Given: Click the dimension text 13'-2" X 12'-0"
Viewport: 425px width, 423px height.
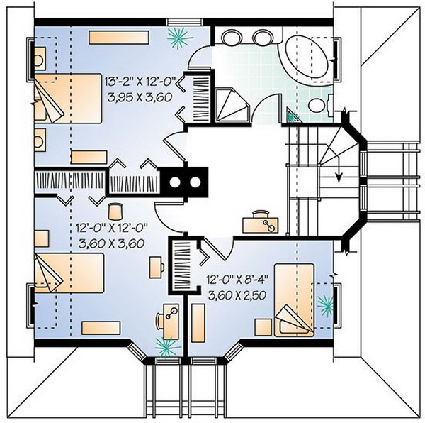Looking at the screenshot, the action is pos(140,82).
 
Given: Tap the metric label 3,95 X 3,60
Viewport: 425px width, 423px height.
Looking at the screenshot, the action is pos(140,97).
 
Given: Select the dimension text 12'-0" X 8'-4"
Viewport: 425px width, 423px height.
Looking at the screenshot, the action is pos(237,280).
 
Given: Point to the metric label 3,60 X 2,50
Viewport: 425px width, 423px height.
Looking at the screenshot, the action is pos(237,295).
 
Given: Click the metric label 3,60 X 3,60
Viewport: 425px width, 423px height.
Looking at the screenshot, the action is pos(111,243).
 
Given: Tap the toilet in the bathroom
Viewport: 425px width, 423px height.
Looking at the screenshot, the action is pos(320,105).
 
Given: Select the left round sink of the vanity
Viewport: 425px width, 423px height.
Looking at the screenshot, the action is pos(231,36).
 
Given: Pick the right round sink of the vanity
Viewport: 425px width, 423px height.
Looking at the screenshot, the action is pos(263,36).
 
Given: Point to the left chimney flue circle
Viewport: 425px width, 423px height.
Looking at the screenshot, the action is pos(175,182).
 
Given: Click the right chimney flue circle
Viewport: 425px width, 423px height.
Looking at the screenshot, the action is pos(195,182).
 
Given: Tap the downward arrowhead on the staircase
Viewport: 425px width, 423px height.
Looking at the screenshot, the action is pos(339,178).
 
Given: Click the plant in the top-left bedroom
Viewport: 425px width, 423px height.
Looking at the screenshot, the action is pos(179,38).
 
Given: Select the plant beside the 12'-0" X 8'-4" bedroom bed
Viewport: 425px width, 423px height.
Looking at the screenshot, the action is pos(325,306).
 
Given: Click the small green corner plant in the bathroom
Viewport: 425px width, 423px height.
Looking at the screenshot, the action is pos(292,116).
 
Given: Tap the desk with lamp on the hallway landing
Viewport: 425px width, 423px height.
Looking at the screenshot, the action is pos(260,222).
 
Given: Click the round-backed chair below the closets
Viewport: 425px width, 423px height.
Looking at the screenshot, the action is pos(115,211).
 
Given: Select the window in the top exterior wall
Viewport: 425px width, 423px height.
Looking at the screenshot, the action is pos(184,22).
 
